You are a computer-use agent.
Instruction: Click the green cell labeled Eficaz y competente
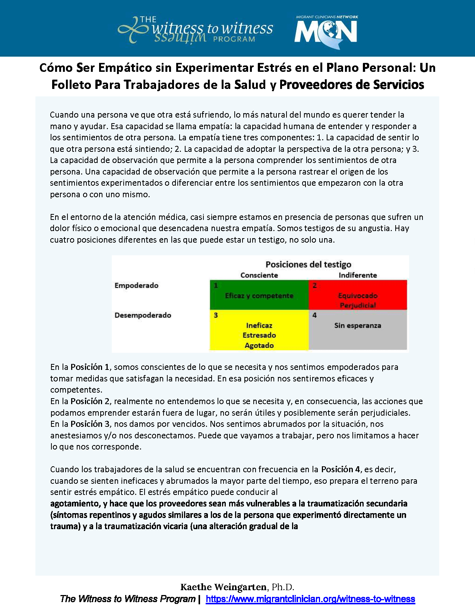point(259,295)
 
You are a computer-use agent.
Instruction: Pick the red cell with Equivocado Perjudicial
point(358,295)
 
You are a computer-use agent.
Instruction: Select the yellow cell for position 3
point(259,330)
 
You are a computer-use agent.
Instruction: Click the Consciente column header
point(259,275)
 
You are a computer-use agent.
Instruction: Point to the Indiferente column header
point(358,275)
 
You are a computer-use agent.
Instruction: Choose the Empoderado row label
point(136,285)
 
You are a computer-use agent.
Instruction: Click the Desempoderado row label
point(143,315)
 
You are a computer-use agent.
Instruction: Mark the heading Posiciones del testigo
point(308,265)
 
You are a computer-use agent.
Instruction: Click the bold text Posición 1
point(90,367)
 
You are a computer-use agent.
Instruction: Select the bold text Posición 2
point(90,402)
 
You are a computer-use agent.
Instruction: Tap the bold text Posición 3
point(90,424)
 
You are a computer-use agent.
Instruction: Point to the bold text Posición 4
point(341,470)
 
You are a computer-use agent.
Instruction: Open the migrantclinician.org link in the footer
point(310,599)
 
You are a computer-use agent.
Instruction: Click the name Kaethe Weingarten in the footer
point(223,587)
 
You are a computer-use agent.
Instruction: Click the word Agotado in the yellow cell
point(259,345)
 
